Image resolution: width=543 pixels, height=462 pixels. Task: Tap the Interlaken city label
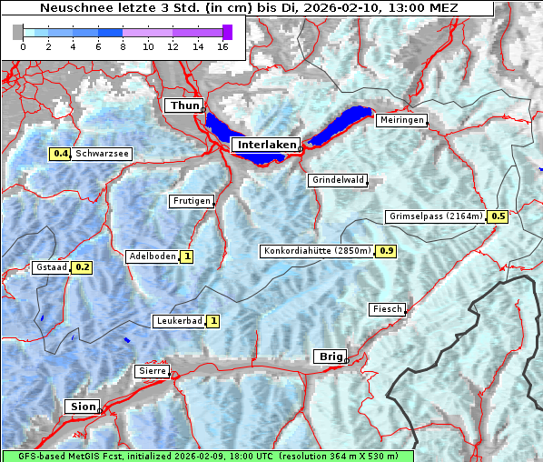265,145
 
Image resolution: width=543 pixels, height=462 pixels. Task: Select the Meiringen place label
400,120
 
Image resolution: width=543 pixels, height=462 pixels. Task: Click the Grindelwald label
338,180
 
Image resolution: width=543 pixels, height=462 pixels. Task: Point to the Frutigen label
191,201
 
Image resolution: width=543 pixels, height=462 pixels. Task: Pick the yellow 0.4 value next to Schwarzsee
61,154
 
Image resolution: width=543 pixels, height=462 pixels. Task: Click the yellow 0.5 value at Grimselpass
498,216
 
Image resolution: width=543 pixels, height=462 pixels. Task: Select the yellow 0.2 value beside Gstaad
83,267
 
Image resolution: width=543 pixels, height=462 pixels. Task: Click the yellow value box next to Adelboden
187,256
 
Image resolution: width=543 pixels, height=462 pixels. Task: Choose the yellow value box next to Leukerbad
213,321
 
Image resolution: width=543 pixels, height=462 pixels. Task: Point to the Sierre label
152,371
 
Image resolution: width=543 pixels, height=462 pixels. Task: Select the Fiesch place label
387,309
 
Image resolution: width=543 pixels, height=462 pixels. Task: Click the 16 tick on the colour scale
222,46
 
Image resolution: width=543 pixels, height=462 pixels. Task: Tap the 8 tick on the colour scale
123,46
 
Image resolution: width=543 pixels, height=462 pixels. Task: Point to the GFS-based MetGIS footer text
208,456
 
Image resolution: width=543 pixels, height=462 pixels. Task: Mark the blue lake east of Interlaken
343,125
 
